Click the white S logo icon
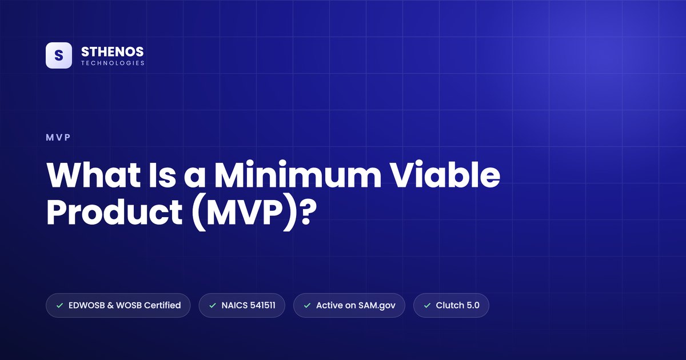coord(59,55)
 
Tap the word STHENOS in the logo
coord(113,52)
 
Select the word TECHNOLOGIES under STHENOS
coord(113,63)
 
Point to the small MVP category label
coord(58,138)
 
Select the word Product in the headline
coord(114,212)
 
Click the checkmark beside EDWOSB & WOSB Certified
coord(59,306)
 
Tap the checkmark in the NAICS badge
coord(213,306)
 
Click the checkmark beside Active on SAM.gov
coord(307,306)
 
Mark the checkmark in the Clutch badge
coord(427,306)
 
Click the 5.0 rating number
coord(473,305)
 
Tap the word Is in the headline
coord(162,175)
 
